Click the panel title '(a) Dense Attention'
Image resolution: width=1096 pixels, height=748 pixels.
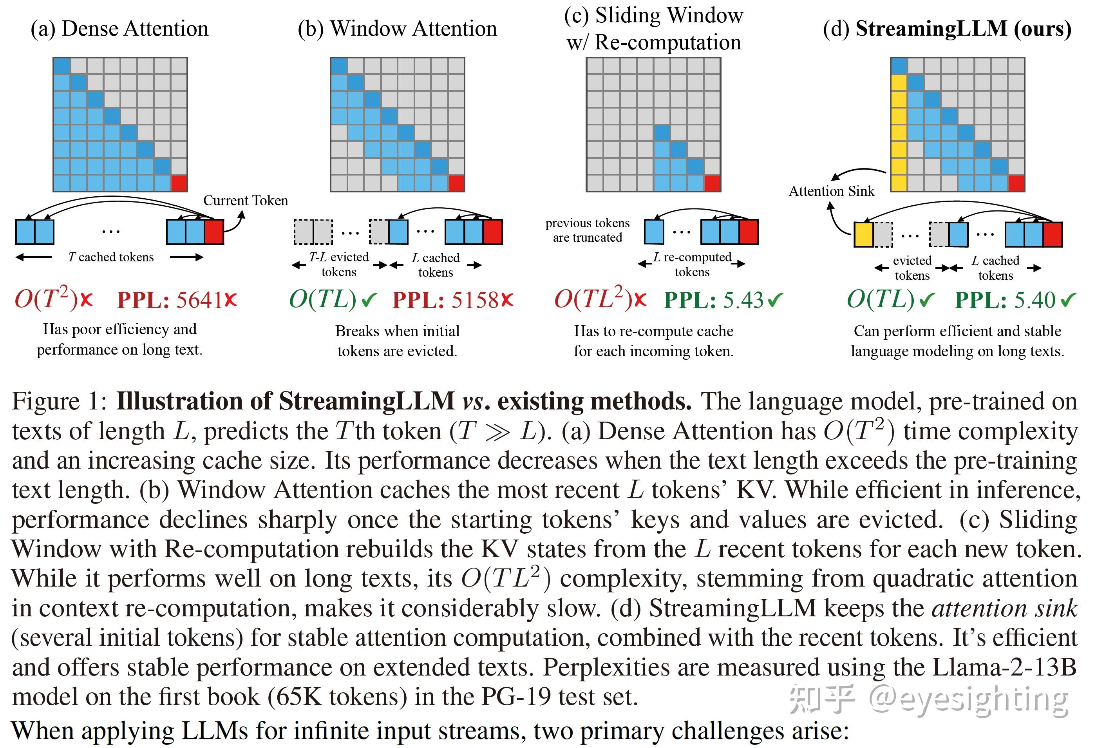coord(119,29)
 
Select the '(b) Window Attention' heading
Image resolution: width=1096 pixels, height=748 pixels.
coord(397,29)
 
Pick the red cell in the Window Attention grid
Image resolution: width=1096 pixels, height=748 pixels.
coord(456,183)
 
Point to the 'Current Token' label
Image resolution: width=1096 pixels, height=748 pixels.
coord(245,201)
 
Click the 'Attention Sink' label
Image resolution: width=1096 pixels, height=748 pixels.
coord(832,191)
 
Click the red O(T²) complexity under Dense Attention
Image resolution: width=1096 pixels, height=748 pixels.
coord(46,299)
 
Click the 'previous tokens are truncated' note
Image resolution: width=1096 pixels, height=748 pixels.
coord(587,230)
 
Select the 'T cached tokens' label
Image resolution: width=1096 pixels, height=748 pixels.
coord(111,257)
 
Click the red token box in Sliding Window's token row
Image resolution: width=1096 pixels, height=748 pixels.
coord(749,232)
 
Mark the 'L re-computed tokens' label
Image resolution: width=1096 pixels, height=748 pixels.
coord(692,264)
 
